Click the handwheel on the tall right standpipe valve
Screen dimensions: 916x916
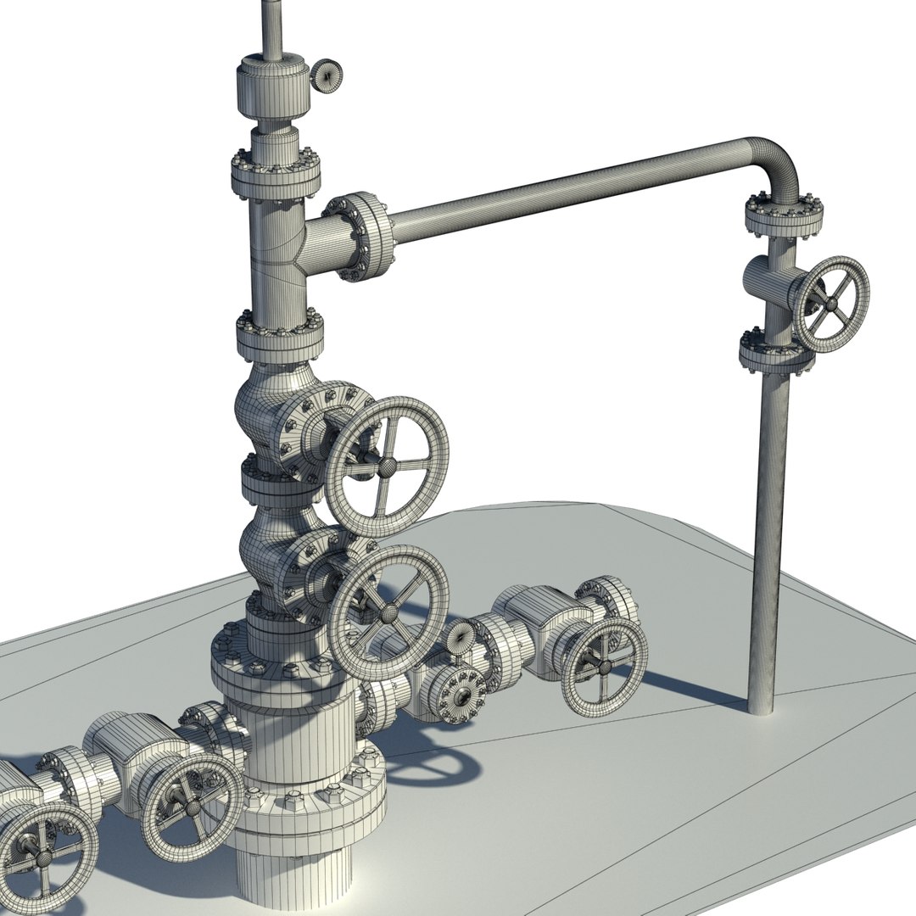pos(830,304)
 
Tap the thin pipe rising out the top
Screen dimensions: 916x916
pos(272,25)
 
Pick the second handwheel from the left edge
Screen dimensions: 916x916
pos(192,802)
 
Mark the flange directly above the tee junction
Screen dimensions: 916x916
pos(276,172)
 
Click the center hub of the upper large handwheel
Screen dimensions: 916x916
pos(387,465)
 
